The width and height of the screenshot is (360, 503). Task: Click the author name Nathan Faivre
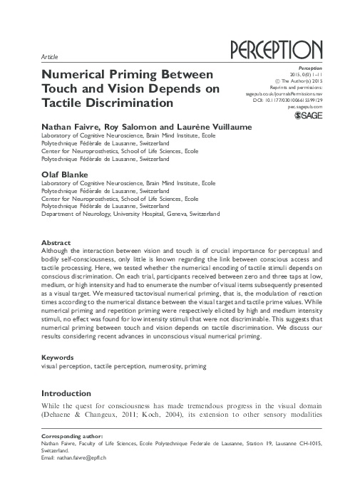68,127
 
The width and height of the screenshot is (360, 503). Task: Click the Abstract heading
57,242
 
